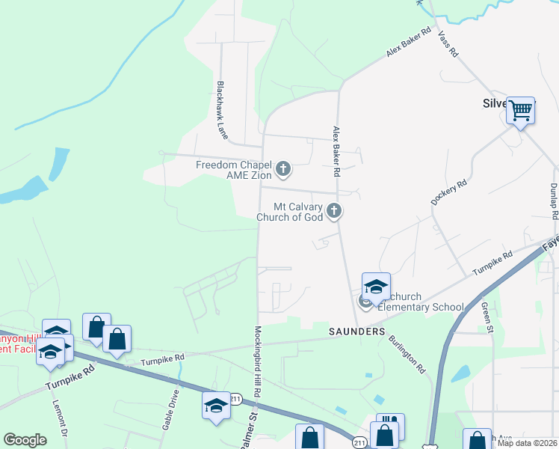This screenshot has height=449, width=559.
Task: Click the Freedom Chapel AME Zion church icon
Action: pyautogui.click(x=282, y=170)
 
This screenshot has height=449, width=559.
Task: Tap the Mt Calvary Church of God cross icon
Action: pyautogui.click(x=334, y=212)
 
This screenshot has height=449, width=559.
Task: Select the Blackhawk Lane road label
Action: pyautogui.click(x=221, y=110)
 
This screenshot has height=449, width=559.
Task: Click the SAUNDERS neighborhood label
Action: pyautogui.click(x=356, y=331)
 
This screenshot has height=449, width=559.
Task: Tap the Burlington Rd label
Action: pyautogui.click(x=407, y=354)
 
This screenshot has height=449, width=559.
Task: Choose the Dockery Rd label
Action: pyautogui.click(x=448, y=192)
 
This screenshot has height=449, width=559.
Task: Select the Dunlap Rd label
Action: pyautogui.click(x=554, y=201)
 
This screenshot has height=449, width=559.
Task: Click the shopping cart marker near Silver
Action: pyautogui.click(x=520, y=111)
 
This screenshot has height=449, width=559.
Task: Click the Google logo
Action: pyautogui.click(x=25, y=440)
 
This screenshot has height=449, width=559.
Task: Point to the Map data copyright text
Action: pyautogui.click(x=526, y=443)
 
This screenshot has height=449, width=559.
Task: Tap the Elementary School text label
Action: pyautogui.click(x=421, y=307)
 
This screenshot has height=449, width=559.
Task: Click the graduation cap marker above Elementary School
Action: pyautogui.click(x=376, y=287)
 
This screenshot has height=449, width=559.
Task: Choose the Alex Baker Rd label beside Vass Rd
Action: pyautogui.click(x=410, y=42)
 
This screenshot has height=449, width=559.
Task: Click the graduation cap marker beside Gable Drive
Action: pyautogui.click(x=216, y=406)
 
